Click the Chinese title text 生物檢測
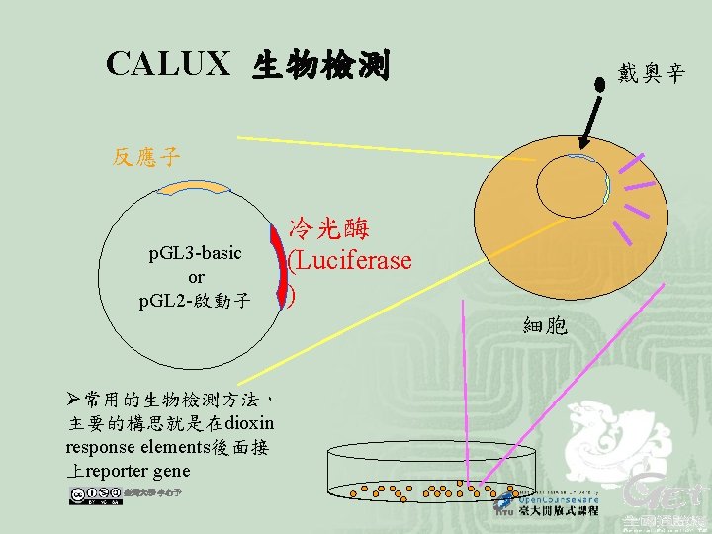pos(322,67)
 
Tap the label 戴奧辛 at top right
pos(651,72)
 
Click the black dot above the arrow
pos(599,83)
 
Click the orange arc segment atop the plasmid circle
pos(196,186)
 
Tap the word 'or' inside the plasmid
pos(195,277)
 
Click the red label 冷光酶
pos(329,229)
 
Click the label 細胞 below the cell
pos(545,324)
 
